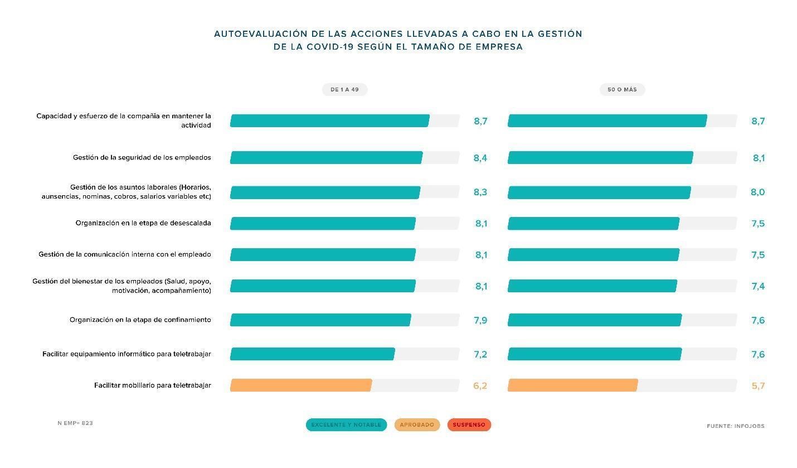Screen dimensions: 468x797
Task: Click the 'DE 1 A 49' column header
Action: click(x=344, y=90)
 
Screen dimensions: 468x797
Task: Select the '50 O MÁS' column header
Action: click(x=622, y=90)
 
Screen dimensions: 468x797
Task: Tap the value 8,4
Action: click(x=480, y=158)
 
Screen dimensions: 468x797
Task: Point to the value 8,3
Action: click(x=480, y=192)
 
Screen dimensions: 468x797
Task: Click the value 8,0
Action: click(x=757, y=192)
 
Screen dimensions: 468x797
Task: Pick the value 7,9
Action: click(x=480, y=320)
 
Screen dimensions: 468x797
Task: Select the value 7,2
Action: click(x=480, y=354)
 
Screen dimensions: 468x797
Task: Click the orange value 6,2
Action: click(x=480, y=385)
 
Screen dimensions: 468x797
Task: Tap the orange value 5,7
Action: click(x=757, y=385)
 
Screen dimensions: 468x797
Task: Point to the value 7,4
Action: click(x=757, y=286)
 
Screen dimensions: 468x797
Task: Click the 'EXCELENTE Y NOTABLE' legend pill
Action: click(x=346, y=425)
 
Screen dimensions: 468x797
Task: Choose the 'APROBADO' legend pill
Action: click(x=417, y=425)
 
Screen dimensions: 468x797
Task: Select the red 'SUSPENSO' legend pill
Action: click(x=469, y=425)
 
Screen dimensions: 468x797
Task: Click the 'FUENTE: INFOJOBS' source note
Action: click(x=735, y=426)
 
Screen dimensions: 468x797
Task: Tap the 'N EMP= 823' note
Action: click(x=75, y=423)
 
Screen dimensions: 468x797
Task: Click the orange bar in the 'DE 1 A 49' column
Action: click(x=301, y=385)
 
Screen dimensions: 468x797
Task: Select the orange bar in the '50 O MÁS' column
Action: click(x=572, y=385)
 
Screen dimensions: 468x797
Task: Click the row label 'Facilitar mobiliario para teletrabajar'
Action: click(x=152, y=385)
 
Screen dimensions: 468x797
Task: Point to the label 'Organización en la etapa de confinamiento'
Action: click(x=140, y=320)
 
